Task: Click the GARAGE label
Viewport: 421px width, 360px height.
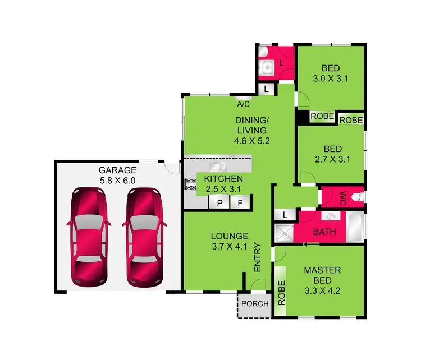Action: (x=117, y=170)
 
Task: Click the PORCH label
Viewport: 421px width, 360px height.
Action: (x=254, y=304)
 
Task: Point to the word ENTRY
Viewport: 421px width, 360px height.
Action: (x=258, y=257)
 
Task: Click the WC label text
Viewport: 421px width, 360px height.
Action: (x=342, y=197)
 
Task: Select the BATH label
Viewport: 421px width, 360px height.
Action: (x=324, y=232)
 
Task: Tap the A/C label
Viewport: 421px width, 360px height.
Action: (x=243, y=104)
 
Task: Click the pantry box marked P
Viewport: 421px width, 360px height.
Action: (x=219, y=203)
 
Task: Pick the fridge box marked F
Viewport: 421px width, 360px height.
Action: (x=240, y=203)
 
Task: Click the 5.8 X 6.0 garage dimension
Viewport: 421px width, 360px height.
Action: (x=117, y=181)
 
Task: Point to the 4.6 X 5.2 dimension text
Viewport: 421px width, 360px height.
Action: (x=252, y=141)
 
